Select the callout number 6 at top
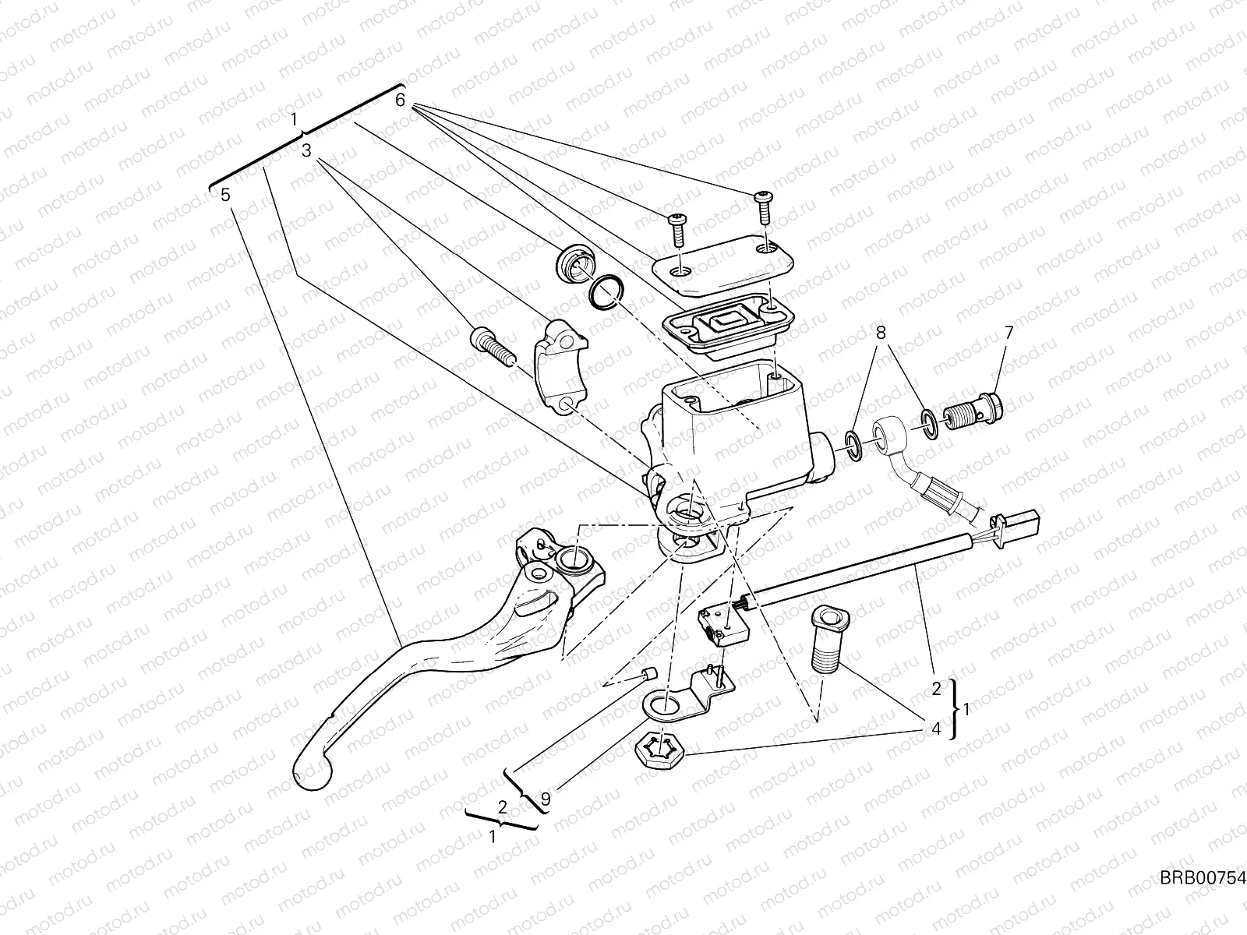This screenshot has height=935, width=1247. tap(400, 101)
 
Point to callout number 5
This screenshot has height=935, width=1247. tap(225, 195)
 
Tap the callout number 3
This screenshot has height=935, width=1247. tap(307, 150)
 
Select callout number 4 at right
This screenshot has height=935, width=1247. tap(936, 729)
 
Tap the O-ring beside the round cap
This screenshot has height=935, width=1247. tap(606, 291)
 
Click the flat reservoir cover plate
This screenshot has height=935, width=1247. tap(721, 265)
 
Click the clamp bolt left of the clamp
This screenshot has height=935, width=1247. tap(492, 345)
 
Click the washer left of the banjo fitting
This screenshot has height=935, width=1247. tap(853, 445)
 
